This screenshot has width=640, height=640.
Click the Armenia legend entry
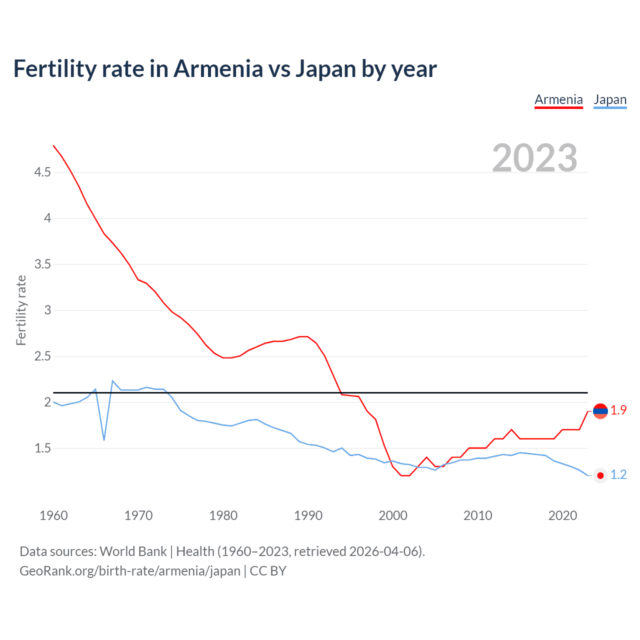coord(558,99)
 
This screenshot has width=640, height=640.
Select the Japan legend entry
coord(610,99)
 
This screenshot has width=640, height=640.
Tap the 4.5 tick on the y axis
coord(42,172)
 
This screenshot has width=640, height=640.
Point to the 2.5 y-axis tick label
coord(42,356)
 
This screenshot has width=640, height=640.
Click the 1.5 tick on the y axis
coord(42,448)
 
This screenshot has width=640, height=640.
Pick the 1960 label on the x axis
coord(53,515)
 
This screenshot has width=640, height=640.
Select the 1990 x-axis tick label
coord(308,515)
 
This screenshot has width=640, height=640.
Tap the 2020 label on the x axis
coord(562,515)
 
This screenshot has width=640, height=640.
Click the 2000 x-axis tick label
coord(393,515)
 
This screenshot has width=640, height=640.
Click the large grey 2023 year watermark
coord(534,158)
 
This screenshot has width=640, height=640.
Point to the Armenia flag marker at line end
coord(600,411)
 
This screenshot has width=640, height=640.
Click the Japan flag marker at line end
coord(600,475)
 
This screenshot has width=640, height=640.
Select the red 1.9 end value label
coord(618,410)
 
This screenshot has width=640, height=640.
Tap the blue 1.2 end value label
coord(618,475)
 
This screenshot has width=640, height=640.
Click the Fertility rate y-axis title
coord(21,310)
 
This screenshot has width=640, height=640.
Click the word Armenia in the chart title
coord(218,68)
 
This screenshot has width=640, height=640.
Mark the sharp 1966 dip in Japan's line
coord(104,440)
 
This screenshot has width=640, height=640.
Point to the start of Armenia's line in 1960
coord(53,145)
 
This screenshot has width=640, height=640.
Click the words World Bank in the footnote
coord(133,551)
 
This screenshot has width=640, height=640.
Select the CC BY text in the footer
coord(268,571)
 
